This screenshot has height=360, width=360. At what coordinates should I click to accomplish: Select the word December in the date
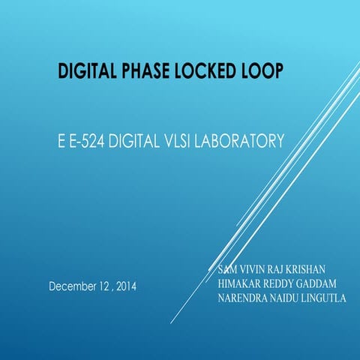pos(73,286)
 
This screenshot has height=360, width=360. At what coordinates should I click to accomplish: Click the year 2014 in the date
pos(125,286)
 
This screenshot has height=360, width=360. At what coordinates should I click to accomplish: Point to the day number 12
pos(101,286)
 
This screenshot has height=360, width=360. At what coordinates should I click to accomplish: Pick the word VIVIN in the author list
pos(255,268)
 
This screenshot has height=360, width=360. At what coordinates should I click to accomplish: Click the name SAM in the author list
pos(227,268)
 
